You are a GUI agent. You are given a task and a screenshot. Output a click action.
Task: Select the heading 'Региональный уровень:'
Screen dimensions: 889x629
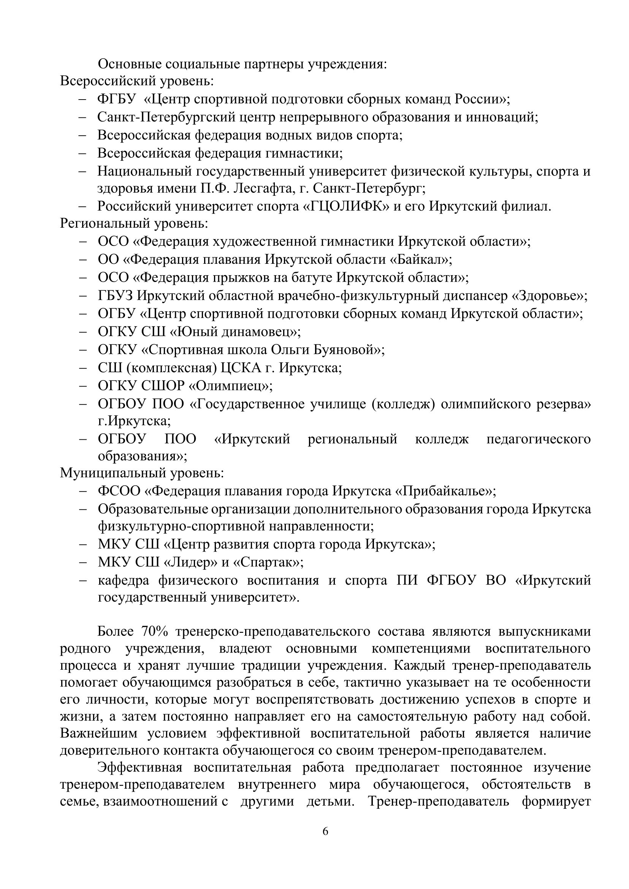(134, 223)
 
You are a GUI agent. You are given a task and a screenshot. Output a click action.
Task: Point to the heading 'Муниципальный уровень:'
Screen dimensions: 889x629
(142, 473)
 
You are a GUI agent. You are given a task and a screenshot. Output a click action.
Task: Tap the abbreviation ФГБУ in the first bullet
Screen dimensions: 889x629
(117, 99)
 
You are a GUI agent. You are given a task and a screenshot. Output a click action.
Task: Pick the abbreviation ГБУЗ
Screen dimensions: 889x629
(116, 296)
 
